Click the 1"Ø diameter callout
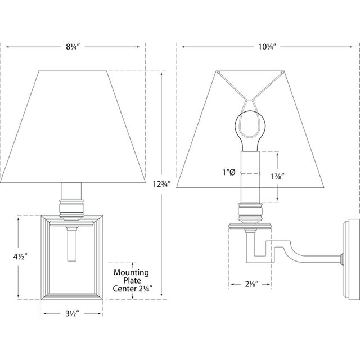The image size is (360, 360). (229, 173)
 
